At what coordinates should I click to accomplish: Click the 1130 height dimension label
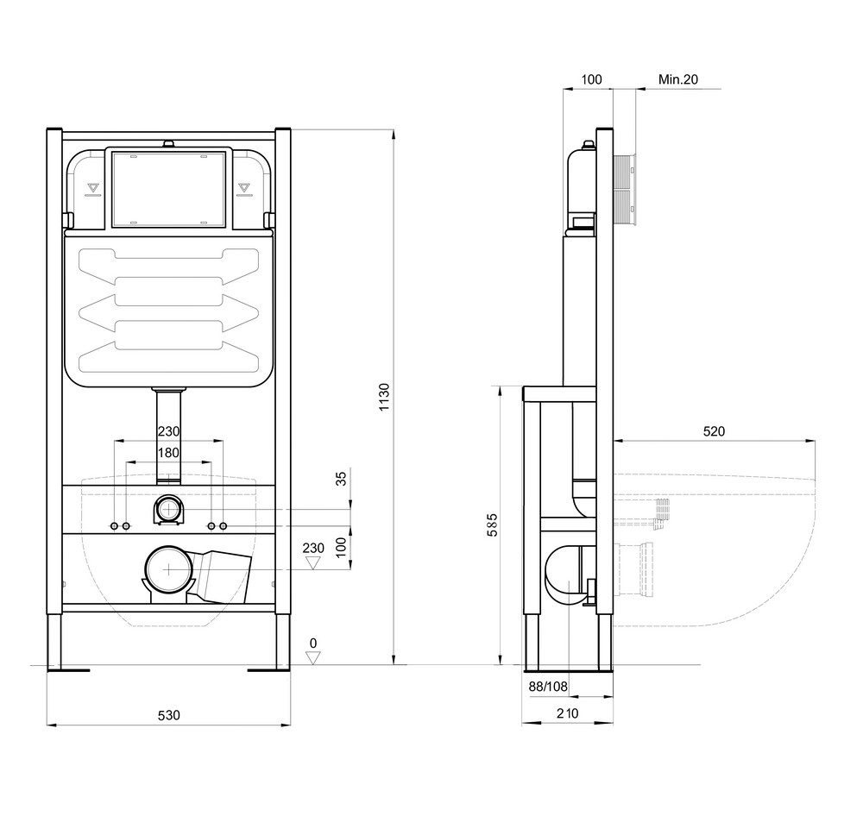point(384,397)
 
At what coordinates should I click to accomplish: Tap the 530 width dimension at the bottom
point(169,715)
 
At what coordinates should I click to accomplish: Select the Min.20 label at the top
point(678,79)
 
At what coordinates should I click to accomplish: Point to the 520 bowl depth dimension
point(714,431)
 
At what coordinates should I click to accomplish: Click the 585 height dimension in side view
point(492,524)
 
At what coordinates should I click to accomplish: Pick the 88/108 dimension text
point(548,687)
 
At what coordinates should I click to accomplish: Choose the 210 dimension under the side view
point(568,713)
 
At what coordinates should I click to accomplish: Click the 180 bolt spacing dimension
point(168,453)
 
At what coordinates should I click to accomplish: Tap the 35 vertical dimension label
point(342,478)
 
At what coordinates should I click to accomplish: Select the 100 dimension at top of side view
point(592,79)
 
